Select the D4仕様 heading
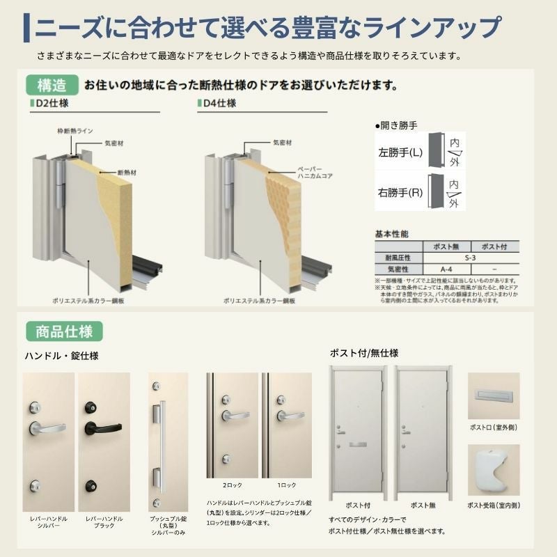(220, 104)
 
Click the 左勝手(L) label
(400, 150)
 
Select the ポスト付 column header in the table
(494, 246)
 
